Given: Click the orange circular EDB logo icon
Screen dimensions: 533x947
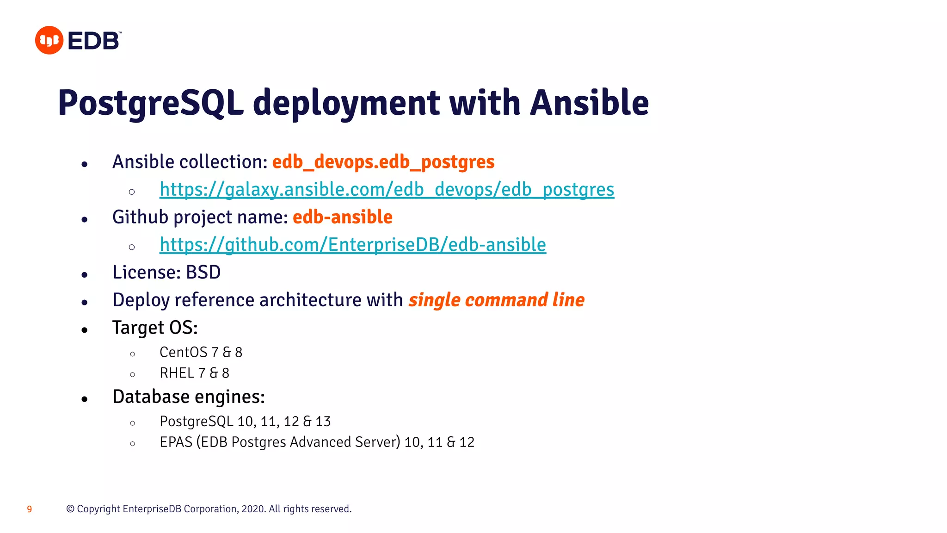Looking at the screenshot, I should (49, 40).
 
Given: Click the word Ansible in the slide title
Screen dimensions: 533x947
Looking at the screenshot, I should (590, 103).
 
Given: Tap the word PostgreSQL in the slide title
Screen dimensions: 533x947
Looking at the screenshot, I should (151, 103).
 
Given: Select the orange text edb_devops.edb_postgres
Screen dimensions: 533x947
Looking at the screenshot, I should (383, 162).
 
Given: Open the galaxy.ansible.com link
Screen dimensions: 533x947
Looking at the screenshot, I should (387, 190).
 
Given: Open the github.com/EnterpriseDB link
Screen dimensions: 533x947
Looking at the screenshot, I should (352, 245).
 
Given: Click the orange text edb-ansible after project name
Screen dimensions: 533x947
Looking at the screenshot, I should (343, 217).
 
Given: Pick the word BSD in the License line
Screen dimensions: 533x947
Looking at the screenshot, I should (203, 273).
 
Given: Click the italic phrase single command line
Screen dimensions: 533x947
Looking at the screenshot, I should (496, 300).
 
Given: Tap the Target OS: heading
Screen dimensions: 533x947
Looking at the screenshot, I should (155, 328).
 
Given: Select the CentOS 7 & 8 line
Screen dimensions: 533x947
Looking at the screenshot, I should (201, 353).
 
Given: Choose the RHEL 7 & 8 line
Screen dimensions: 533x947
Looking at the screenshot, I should (194, 373).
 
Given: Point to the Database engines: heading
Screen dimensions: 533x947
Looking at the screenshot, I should (189, 397).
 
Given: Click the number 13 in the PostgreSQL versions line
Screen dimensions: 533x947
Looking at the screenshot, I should (323, 421).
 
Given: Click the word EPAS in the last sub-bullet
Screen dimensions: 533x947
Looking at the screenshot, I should (176, 442).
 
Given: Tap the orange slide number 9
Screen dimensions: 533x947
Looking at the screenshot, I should (30, 509).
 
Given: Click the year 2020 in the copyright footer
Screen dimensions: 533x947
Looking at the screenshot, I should (253, 509).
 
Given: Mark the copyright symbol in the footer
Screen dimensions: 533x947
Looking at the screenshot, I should (70, 509).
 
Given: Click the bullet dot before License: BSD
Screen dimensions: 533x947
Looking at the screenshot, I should (84, 275).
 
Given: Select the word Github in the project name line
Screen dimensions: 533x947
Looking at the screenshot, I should (140, 217).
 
